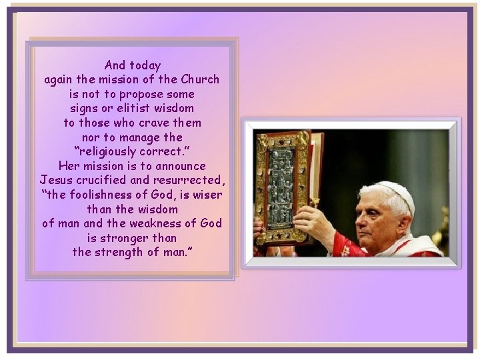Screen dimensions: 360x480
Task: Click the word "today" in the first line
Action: click(x=145, y=65)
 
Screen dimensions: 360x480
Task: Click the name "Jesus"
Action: click(x=56, y=180)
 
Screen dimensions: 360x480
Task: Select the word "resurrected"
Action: click(x=189, y=180)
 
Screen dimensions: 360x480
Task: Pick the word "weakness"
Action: click(x=156, y=223)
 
